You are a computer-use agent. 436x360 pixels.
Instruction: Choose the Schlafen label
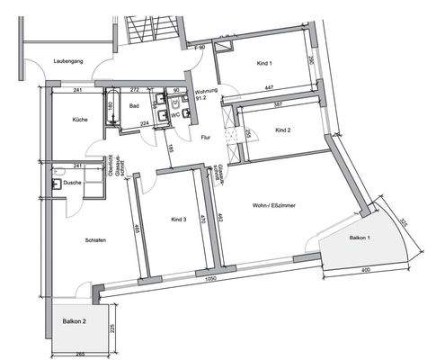pyautogui.click(x=73, y=239)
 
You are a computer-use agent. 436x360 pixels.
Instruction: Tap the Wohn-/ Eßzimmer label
pyautogui.click(x=275, y=206)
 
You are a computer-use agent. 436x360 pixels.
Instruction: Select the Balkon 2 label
pyautogui.click(x=75, y=321)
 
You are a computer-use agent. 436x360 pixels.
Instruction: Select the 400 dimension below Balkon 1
pyautogui.click(x=366, y=270)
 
